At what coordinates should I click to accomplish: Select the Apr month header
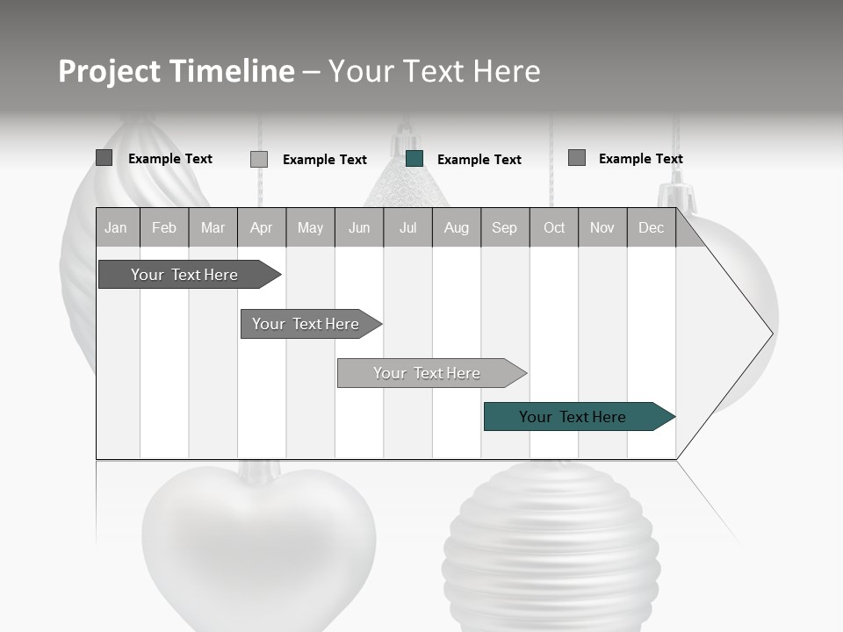(x=262, y=227)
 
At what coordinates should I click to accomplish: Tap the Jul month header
(x=407, y=227)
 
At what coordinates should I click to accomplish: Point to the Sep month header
(x=505, y=227)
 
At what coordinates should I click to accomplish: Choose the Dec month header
(x=651, y=227)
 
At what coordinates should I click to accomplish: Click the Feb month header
(x=164, y=227)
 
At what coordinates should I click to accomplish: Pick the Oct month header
(x=554, y=227)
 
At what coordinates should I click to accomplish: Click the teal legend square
(x=414, y=159)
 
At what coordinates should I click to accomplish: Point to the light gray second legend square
(x=259, y=159)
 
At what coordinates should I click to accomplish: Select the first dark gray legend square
(x=104, y=158)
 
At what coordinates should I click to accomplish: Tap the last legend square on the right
(x=577, y=158)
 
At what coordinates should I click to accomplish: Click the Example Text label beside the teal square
(x=479, y=160)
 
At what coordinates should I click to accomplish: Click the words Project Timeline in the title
(x=177, y=71)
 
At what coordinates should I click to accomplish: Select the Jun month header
(x=359, y=227)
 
